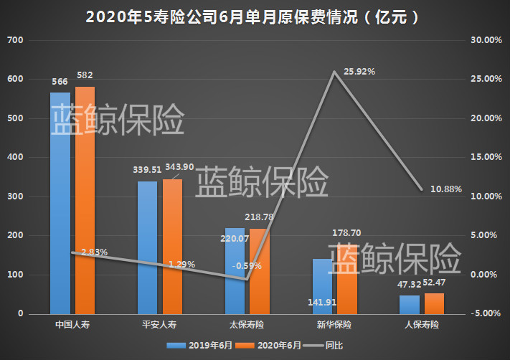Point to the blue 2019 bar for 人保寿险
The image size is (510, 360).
pyautogui.click(x=410, y=305)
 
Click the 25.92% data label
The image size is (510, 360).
pyautogui.click(x=360, y=72)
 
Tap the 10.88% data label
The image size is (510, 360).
pyautogui.click(x=445, y=189)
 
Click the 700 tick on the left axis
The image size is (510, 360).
pyautogui.click(x=15, y=40)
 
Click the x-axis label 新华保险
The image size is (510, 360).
pyautogui.click(x=334, y=325)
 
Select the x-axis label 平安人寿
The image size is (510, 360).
pyautogui.click(x=159, y=325)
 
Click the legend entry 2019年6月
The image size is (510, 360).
pyautogui.click(x=209, y=345)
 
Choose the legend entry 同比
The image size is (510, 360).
pyautogui.click(x=329, y=345)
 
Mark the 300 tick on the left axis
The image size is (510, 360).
pyautogui.click(x=15, y=196)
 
